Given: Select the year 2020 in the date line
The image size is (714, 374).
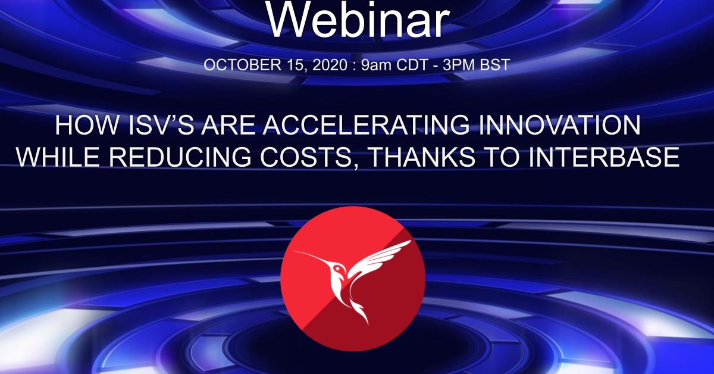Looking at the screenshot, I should pyautogui.click(x=327, y=65).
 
